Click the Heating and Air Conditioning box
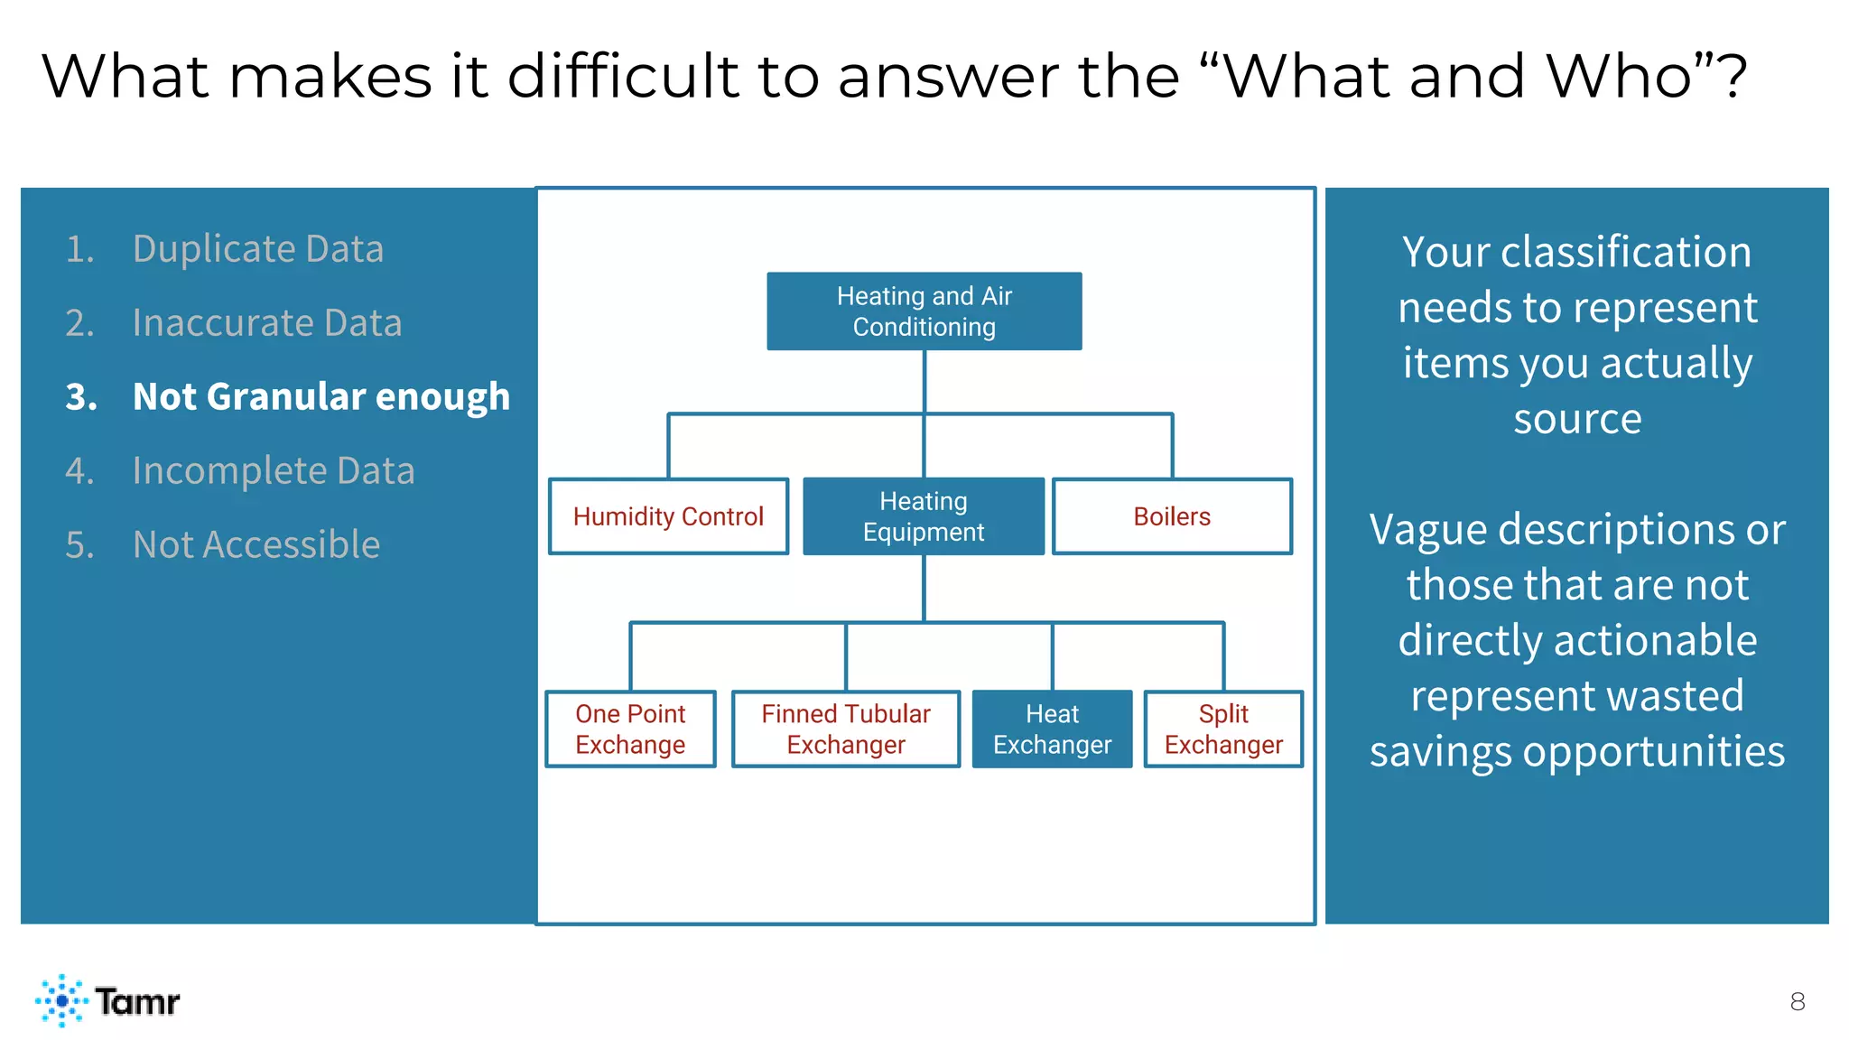tap(924, 311)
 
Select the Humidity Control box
tap(668, 516)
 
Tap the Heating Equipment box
tap(924, 516)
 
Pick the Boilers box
tap(1172, 516)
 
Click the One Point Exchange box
tap(630, 729)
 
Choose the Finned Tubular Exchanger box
tap(846, 729)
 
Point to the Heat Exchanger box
tap(1052, 729)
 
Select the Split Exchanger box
tap(1223, 729)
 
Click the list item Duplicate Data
tap(257, 249)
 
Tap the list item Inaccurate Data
tap(266, 323)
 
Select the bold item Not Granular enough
tap(321, 397)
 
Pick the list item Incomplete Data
tap(273, 471)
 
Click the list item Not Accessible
tap(256, 545)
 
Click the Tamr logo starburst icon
tap(61, 1000)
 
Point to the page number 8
tap(1797, 1002)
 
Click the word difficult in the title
tap(623, 76)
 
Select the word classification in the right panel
tap(1625, 253)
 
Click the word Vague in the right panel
tap(1428, 530)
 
